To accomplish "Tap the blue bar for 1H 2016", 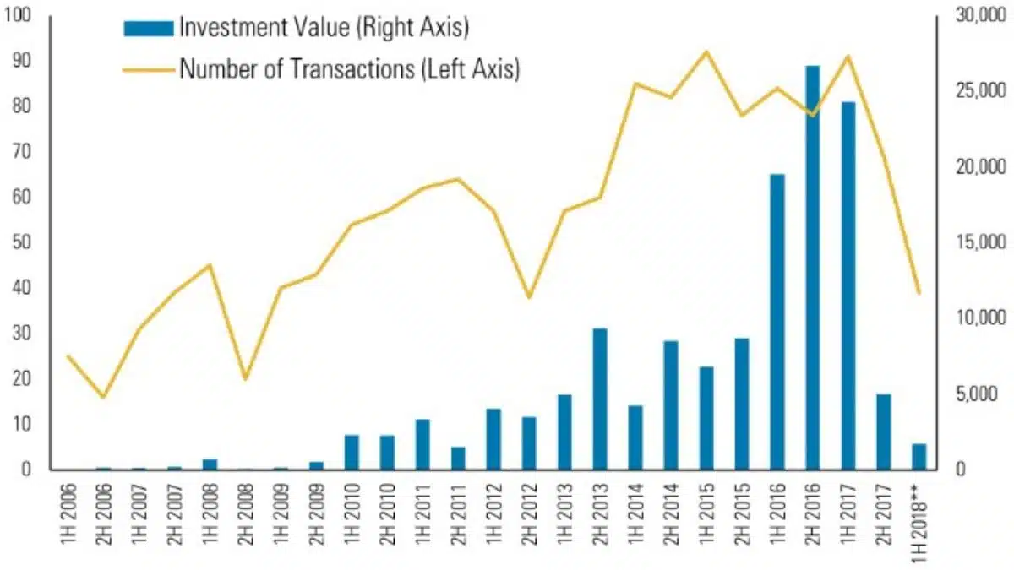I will [777, 322].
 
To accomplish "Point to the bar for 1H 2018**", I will [919, 456].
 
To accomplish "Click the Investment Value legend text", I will [323, 27].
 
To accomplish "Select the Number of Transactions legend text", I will [348, 68].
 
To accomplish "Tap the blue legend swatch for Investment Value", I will [148, 28].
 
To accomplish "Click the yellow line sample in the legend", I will [148, 69].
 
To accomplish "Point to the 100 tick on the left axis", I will [18, 15].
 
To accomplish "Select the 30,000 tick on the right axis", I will [973, 15].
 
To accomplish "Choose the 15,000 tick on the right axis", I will [973, 242].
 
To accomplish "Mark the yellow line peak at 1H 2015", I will [706, 52].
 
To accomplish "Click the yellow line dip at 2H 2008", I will [246, 379].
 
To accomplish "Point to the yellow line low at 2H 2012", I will [529, 297].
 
